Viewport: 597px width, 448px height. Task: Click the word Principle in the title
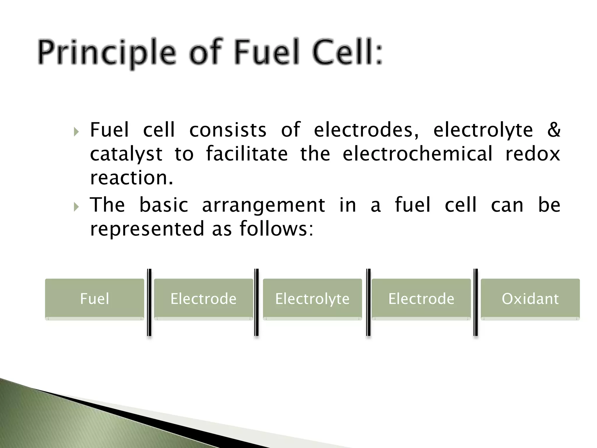coord(107,54)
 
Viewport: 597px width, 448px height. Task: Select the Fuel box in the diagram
coord(94,299)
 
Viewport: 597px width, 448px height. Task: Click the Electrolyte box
coord(312,299)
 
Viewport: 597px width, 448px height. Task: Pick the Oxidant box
coord(530,299)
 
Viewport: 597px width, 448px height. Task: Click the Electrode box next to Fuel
coord(203,299)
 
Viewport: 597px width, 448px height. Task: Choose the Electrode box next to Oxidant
coord(421,299)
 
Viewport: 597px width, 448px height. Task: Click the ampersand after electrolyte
coord(554,130)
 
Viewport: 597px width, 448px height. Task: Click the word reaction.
coord(131,178)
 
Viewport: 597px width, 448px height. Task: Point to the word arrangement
coord(263,205)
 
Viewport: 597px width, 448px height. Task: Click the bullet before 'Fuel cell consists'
coord(76,132)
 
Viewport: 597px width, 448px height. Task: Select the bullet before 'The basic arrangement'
coord(76,207)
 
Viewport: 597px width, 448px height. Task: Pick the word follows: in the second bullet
coord(276,228)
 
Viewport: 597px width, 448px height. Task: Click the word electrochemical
coord(417,154)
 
